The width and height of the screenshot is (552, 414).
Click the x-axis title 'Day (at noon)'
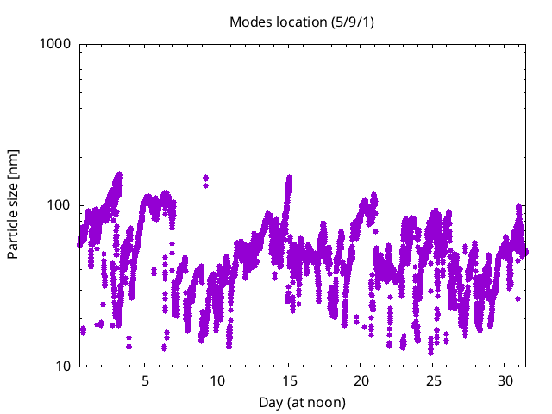click(302, 403)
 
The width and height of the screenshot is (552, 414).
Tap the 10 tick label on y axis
click(62, 367)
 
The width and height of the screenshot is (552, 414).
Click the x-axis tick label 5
click(145, 380)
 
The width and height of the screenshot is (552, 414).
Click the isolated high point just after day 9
click(205, 179)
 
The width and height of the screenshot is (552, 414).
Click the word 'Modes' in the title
click(248, 21)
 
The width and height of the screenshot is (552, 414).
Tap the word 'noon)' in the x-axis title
click(329, 403)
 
